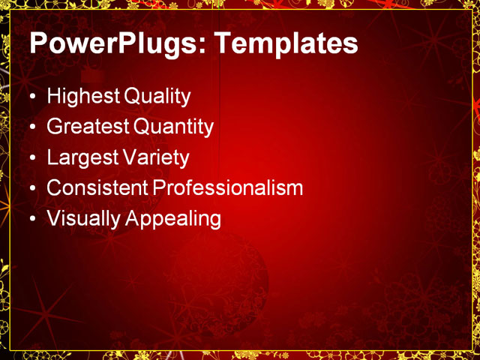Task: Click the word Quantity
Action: point(173,127)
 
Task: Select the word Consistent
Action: point(97,188)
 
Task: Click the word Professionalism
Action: point(228,188)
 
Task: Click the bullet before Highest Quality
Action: point(31,97)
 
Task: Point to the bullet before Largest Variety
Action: point(31,159)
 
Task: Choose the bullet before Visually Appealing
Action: point(31,220)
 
